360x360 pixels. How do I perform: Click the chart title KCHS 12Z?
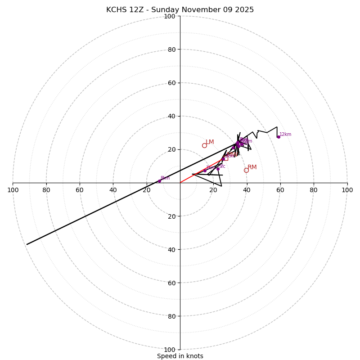[x=180, y=10]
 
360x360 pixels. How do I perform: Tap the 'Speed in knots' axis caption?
[x=180, y=356]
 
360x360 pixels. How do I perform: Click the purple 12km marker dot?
[x=279, y=137]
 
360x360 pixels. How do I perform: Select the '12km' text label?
[x=285, y=134]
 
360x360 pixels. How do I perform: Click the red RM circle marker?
[x=246, y=170]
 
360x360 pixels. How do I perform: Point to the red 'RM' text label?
[x=252, y=167]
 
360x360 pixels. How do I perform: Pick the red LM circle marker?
[x=204, y=145]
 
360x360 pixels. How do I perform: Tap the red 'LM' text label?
[x=210, y=142]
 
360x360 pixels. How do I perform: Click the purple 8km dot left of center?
[x=160, y=181]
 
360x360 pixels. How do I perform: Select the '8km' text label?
[x=165, y=178]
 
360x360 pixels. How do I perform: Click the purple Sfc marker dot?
[x=218, y=169]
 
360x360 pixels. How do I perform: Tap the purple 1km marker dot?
[x=205, y=171]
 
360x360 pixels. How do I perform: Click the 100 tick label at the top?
[x=170, y=16]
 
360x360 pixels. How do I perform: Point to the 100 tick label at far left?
[x=13, y=190]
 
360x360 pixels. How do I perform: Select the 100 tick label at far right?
[x=347, y=190]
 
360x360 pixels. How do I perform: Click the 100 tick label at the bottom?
[x=170, y=350]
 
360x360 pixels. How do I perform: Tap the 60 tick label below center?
[x=171, y=283]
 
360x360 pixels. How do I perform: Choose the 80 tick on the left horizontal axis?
[x=46, y=190]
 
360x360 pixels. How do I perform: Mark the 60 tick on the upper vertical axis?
[x=171, y=83]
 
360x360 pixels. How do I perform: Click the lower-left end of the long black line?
[x=27, y=244]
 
